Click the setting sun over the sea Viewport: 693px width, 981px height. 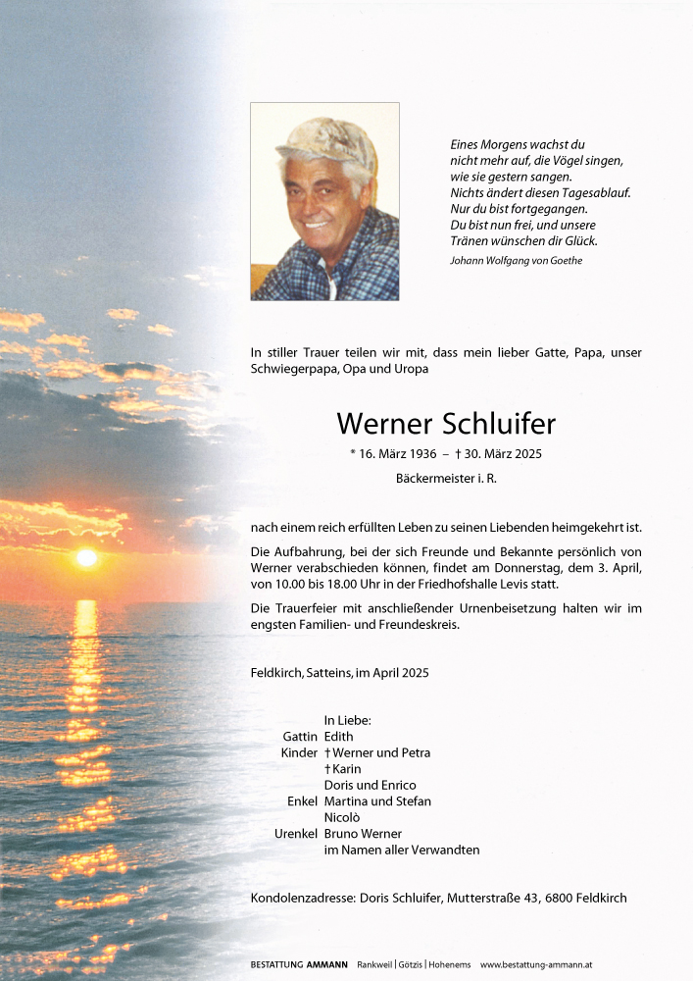click(86, 557)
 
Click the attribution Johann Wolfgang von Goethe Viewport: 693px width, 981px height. click(516, 260)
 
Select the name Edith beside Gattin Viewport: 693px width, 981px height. click(338, 736)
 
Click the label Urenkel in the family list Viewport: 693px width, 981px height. click(296, 834)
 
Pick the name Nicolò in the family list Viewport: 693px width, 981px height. click(342, 817)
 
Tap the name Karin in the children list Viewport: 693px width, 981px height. click(346, 769)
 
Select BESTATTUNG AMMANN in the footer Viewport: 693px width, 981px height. click(299, 965)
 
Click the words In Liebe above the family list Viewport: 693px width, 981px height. click(347, 720)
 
